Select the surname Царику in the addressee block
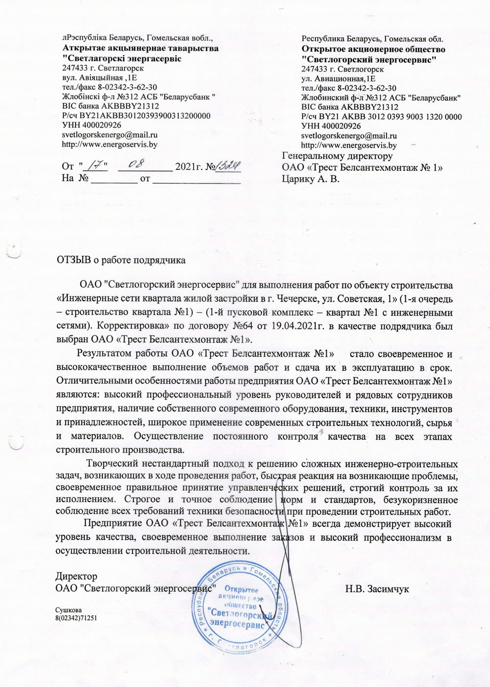tap(299, 179)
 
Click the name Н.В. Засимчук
tap(377, 588)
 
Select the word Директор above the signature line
tap(76, 576)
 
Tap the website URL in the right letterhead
tap(349, 145)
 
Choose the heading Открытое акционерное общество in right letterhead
tap(373, 50)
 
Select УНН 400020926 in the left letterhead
tap(92, 125)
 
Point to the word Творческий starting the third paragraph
tap(111, 463)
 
